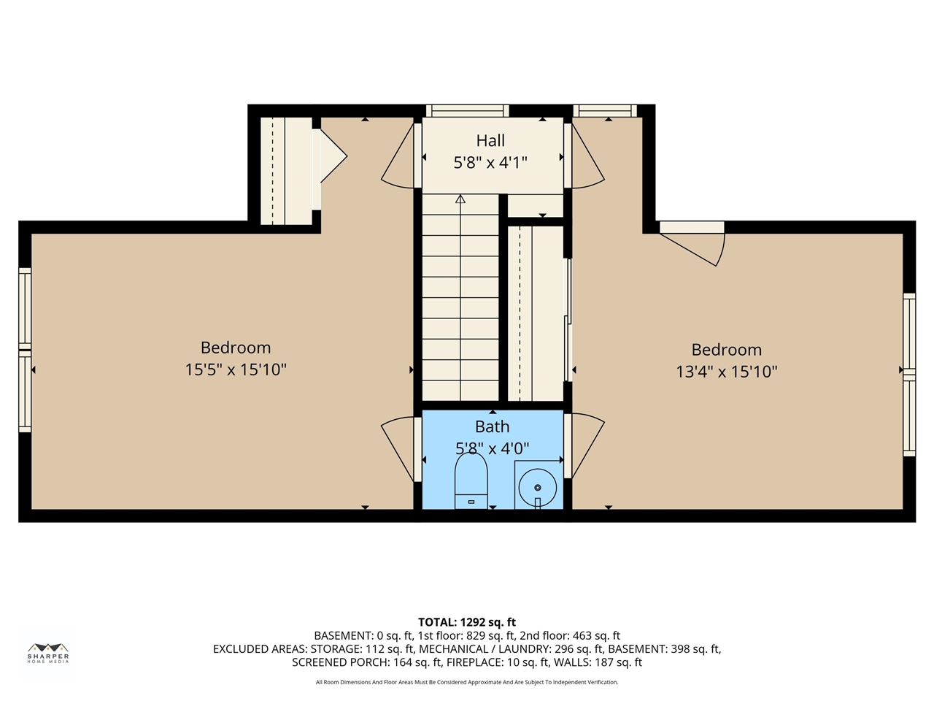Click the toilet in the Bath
[x=471, y=481]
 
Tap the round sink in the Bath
[x=538, y=488]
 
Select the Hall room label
[x=490, y=140]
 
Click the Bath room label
[x=492, y=426]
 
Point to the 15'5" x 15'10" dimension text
[x=235, y=369]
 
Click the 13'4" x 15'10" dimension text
[x=726, y=372]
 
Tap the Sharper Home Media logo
[x=48, y=653]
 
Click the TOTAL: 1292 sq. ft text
[x=467, y=622]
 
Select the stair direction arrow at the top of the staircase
[x=460, y=199]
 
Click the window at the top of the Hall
[x=467, y=111]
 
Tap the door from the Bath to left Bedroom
[x=398, y=450]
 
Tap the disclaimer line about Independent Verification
[x=467, y=682]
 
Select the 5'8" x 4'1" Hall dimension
[x=490, y=163]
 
